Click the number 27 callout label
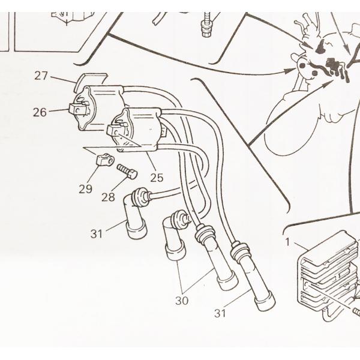coord(41,75)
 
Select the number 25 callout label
coord(157,178)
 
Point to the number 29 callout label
coord(85,188)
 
